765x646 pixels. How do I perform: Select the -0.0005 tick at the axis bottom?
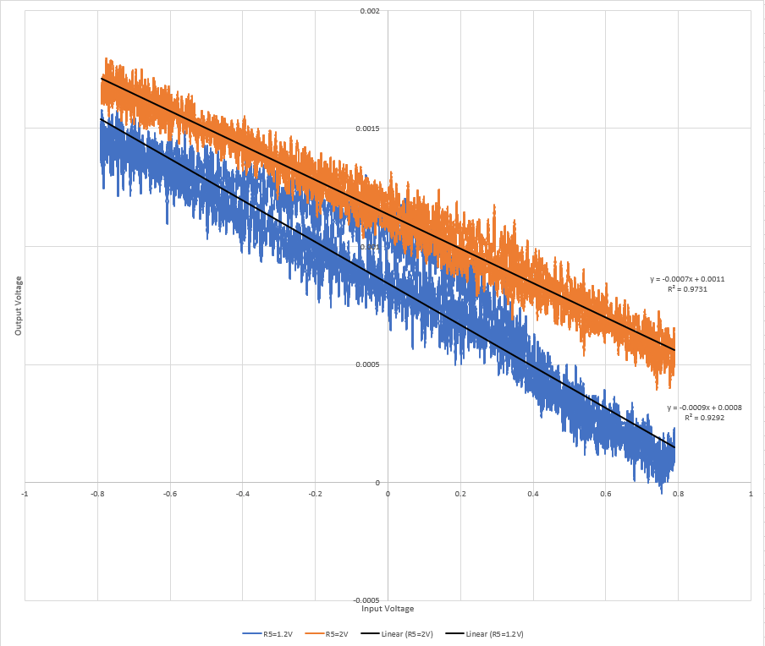tap(371, 600)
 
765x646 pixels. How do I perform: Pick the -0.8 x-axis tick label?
tap(97, 492)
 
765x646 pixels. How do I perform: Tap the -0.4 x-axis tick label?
tap(242, 492)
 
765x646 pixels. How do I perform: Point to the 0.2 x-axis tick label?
tap(460, 492)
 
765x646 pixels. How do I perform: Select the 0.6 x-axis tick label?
tap(606, 492)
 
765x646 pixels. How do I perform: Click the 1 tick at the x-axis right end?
tap(751, 492)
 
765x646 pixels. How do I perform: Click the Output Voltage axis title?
tap(19, 306)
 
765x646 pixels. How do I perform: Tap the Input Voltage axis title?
tap(388, 609)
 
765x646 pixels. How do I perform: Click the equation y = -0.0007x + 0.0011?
tap(687, 279)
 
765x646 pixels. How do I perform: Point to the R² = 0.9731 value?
tap(687, 289)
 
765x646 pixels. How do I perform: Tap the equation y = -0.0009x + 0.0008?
tap(704, 408)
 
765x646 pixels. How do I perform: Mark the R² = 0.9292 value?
tap(704, 418)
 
